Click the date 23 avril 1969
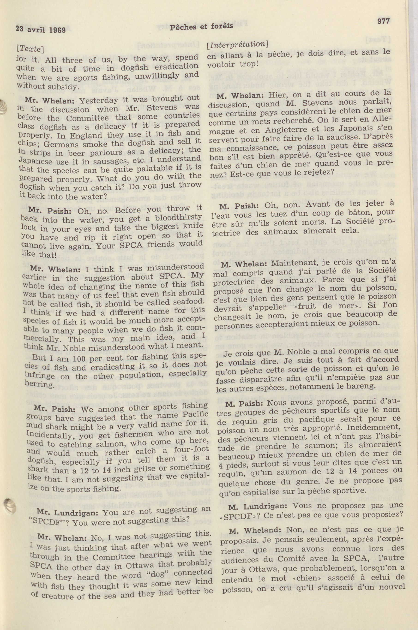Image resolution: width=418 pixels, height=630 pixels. click(41, 29)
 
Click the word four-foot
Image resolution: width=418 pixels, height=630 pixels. click(188, 450)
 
